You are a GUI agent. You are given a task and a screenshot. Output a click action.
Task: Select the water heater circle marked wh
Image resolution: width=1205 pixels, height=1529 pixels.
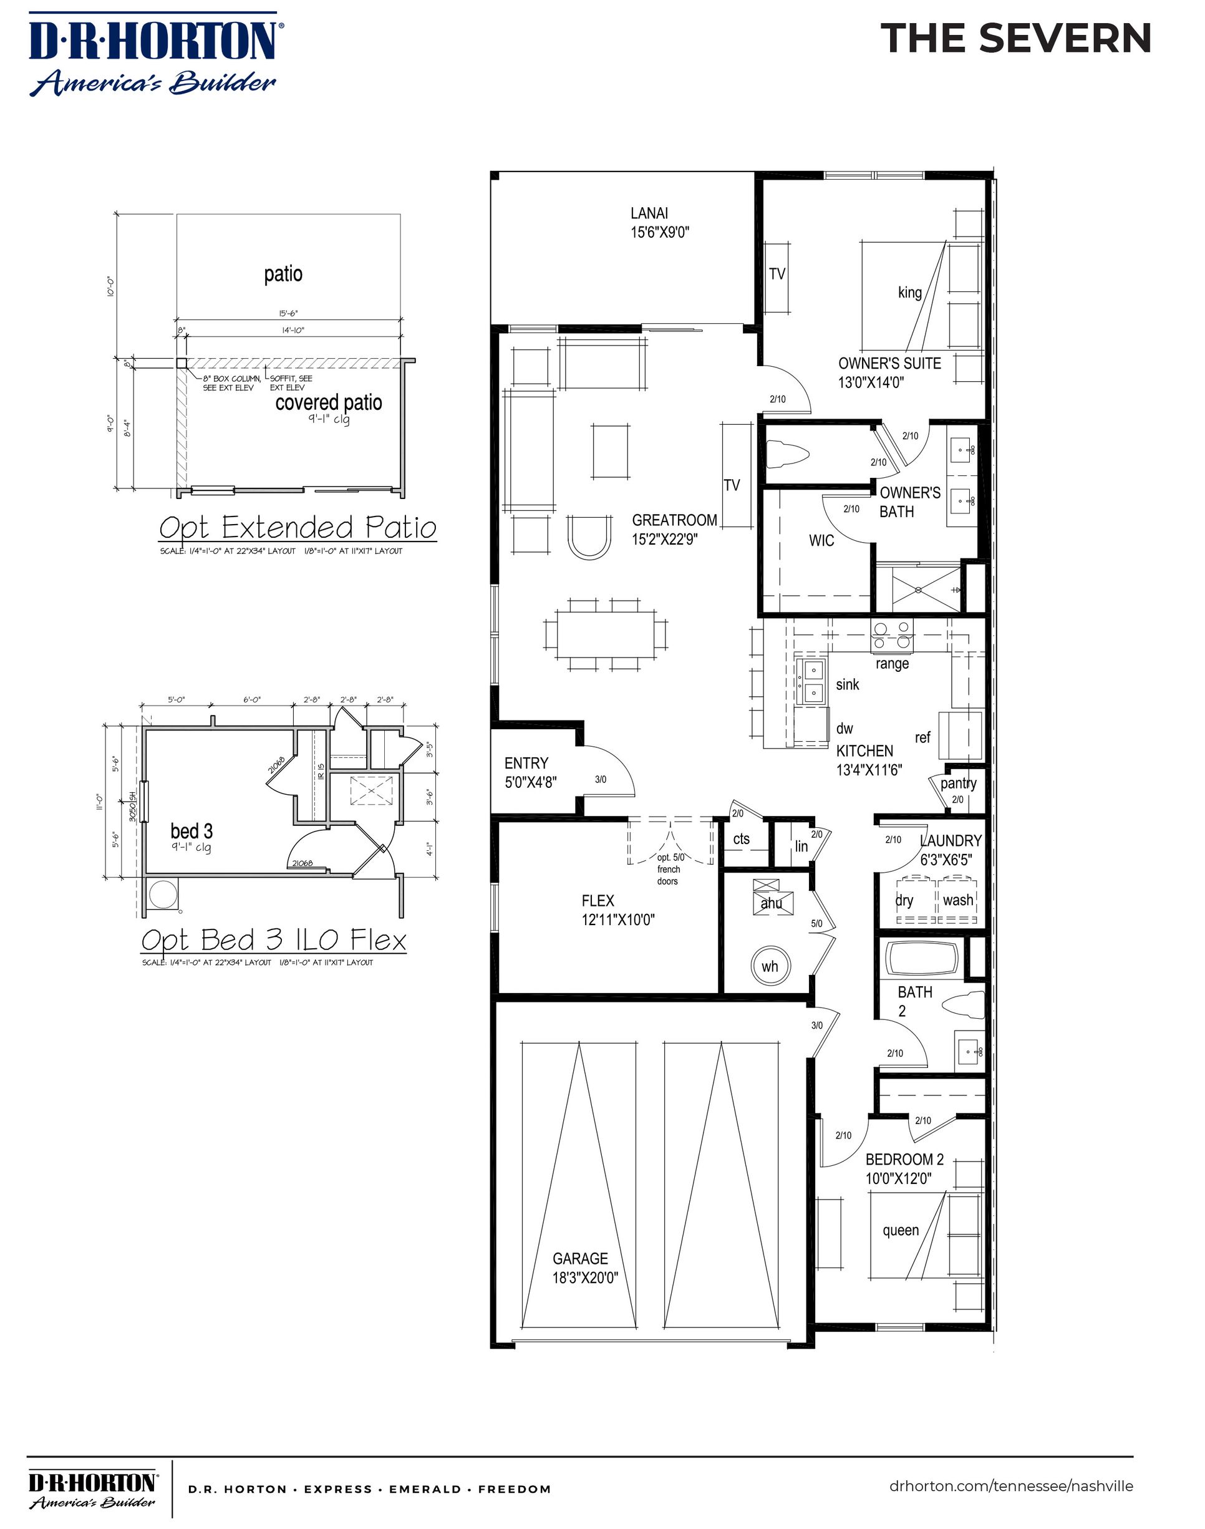pos(770,966)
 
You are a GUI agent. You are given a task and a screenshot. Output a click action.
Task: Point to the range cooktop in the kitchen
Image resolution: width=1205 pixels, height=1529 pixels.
pos(892,634)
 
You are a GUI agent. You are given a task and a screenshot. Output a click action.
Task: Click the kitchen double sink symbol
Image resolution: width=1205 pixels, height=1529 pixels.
pos(811,681)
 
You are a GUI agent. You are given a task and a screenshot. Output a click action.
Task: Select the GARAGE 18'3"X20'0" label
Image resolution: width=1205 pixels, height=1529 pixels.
pos(585,1268)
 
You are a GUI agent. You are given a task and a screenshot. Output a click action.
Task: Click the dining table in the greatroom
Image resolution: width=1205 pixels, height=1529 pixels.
pos(606,634)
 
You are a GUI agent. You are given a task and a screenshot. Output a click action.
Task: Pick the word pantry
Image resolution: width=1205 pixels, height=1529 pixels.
pos(958,783)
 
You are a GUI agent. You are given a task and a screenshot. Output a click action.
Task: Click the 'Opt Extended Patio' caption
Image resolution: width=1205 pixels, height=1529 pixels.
pos(297,528)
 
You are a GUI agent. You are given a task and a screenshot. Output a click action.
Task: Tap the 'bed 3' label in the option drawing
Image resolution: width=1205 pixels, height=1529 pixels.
pos(191,831)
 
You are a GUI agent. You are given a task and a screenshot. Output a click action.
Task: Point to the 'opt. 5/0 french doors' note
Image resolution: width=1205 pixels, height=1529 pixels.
pos(667,869)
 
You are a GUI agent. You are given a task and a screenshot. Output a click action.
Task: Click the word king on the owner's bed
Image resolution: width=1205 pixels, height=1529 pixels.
pos(909,292)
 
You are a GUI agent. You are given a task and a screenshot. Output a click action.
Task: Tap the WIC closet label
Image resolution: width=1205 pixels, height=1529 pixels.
pos(821,540)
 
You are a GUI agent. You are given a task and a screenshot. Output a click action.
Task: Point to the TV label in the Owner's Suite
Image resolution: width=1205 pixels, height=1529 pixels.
pos(777,274)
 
